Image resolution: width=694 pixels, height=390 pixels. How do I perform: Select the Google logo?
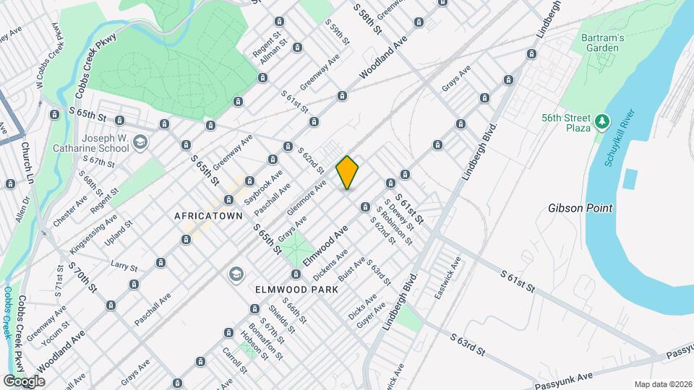point(25,381)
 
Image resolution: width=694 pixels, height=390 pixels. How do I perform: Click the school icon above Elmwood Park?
point(235,274)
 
